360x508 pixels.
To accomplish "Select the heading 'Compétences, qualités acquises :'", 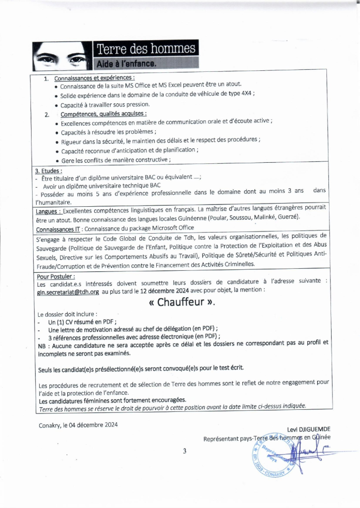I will point(103,114).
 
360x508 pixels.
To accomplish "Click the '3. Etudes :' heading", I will point(49,171).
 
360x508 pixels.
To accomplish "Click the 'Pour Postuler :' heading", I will point(56,276).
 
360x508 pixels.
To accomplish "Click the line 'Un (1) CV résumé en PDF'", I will point(80,321).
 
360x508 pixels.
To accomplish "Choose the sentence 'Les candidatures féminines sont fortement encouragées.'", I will point(112,400).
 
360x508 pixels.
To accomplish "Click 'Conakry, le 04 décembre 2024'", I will point(78,425).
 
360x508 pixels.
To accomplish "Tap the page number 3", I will point(184,451).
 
